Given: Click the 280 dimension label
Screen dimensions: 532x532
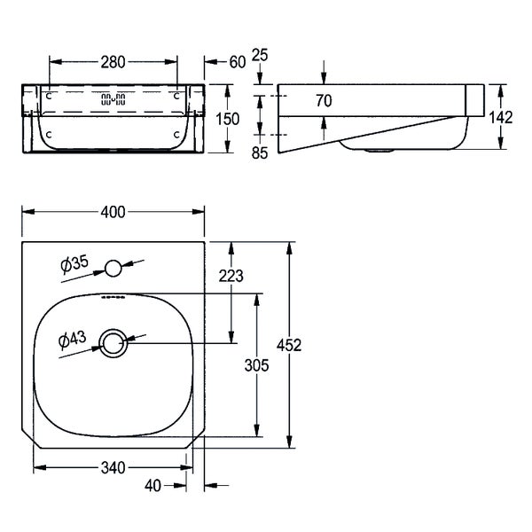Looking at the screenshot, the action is click(x=113, y=62).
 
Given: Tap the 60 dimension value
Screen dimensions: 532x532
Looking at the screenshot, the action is click(x=237, y=62).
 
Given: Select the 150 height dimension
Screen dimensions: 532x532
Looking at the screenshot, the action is click(x=228, y=119).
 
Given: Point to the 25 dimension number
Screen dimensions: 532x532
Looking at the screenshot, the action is click(x=260, y=55).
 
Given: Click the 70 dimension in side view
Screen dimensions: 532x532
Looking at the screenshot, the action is click(x=324, y=101).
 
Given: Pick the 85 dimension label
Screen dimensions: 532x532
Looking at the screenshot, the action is click(x=260, y=153).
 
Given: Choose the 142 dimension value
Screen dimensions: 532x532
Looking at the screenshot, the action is click(x=500, y=118).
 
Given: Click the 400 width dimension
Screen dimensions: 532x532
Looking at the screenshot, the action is click(x=113, y=213).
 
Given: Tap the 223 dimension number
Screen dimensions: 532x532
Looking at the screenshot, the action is click(x=231, y=276).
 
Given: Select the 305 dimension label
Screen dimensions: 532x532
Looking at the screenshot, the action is click(x=256, y=365).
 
